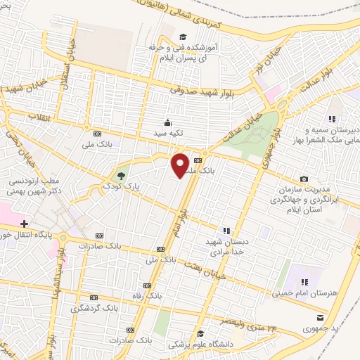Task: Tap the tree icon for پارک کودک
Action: click(122, 175)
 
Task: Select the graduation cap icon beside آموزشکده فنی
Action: click(182, 37)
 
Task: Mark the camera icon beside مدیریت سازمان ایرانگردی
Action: click(304, 180)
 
